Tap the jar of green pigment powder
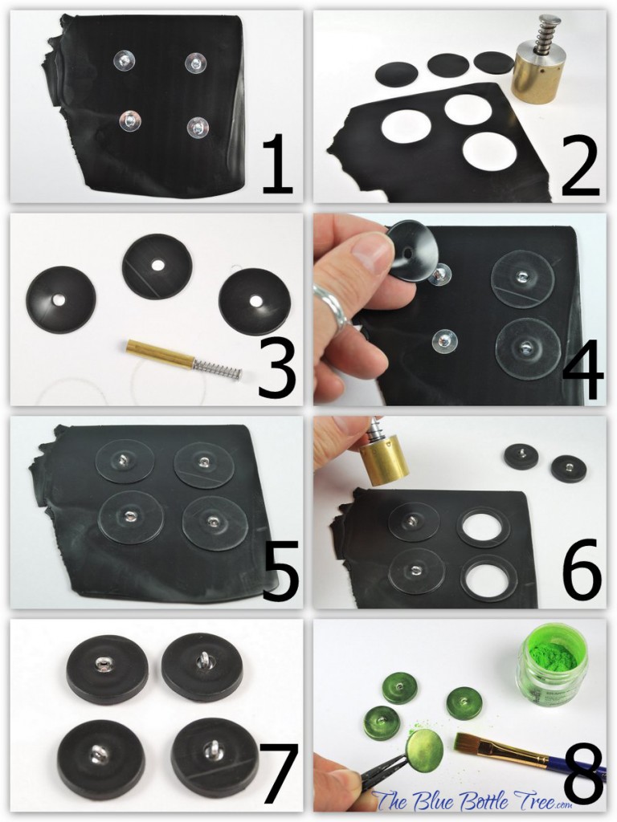click(x=552, y=665)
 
